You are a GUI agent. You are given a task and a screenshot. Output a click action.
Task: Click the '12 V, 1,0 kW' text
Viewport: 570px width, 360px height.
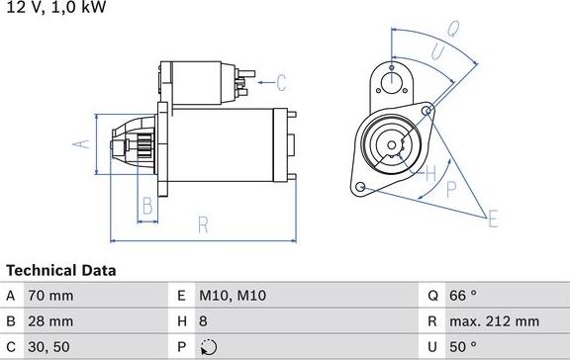click(55, 8)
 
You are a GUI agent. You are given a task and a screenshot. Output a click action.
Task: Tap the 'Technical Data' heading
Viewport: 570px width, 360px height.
click(61, 270)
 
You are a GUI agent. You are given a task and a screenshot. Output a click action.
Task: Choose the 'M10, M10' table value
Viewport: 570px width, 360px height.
click(233, 296)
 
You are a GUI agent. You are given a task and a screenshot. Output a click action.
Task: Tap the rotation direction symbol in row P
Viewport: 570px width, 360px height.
click(208, 347)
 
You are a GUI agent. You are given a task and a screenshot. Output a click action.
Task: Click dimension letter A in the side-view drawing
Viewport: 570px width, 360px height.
click(84, 144)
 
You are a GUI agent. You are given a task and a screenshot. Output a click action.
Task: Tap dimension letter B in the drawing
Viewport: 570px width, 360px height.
click(146, 206)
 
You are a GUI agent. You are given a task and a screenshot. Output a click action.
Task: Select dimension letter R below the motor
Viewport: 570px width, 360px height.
click(203, 225)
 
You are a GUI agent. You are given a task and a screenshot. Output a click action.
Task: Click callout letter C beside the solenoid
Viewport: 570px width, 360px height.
click(280, 81)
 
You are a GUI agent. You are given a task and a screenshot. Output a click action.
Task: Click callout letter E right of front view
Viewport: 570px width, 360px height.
click(492, 218)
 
